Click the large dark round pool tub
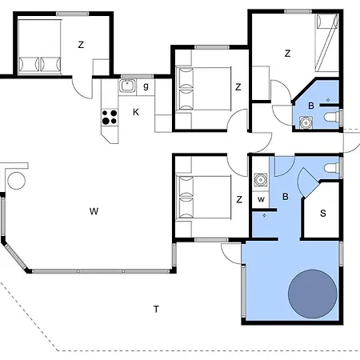[x=313, y=294]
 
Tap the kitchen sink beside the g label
[x=127, y=86]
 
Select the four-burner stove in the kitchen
[x=110, y=117]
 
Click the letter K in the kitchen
[x=136, y=112]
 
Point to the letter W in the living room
[x=94, y=211]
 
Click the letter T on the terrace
[x=156, y=309]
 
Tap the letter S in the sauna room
[x=323, y=214]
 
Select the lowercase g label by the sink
[x=146, y=86]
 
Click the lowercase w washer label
[x=262, y=199]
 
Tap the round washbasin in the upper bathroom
[x=306, y=122]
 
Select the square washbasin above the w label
[x=261, y=180]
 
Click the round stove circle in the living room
[x=17, y=181]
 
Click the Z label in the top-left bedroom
[x=81, y=45]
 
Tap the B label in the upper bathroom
[x=311, y=106]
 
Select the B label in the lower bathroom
[x=286, y=197]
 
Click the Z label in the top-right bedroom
[x=287, y=54]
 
